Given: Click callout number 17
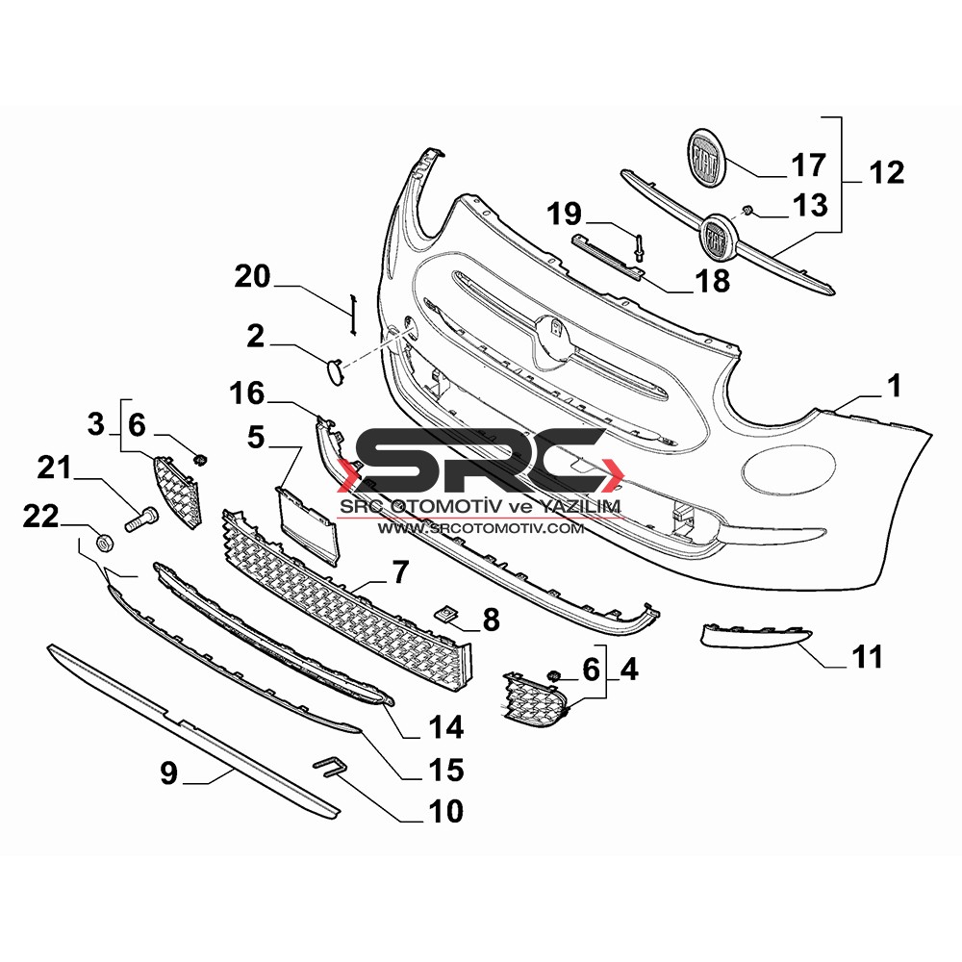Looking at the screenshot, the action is [x=809, y=165].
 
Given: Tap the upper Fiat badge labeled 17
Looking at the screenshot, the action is [x=706, y=157].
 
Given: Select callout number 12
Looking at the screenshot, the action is [x=886, y=172].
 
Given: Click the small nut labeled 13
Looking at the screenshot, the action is [x=747, y=212].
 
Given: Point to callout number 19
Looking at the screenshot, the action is [x=564, y=214].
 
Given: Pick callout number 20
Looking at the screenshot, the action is [x=252, y=276].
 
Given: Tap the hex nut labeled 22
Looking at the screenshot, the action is [x=103, y=543].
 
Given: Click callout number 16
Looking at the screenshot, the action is [x=246, y=393].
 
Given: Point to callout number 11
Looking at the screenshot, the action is [x=867, y=656].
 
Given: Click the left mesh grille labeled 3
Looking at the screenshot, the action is [x=177, y=491].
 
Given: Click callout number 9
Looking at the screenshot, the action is [x=168, y=772].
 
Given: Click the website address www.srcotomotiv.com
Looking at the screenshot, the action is [x=480, y=527].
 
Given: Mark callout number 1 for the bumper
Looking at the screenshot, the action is [x=895, y=387].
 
